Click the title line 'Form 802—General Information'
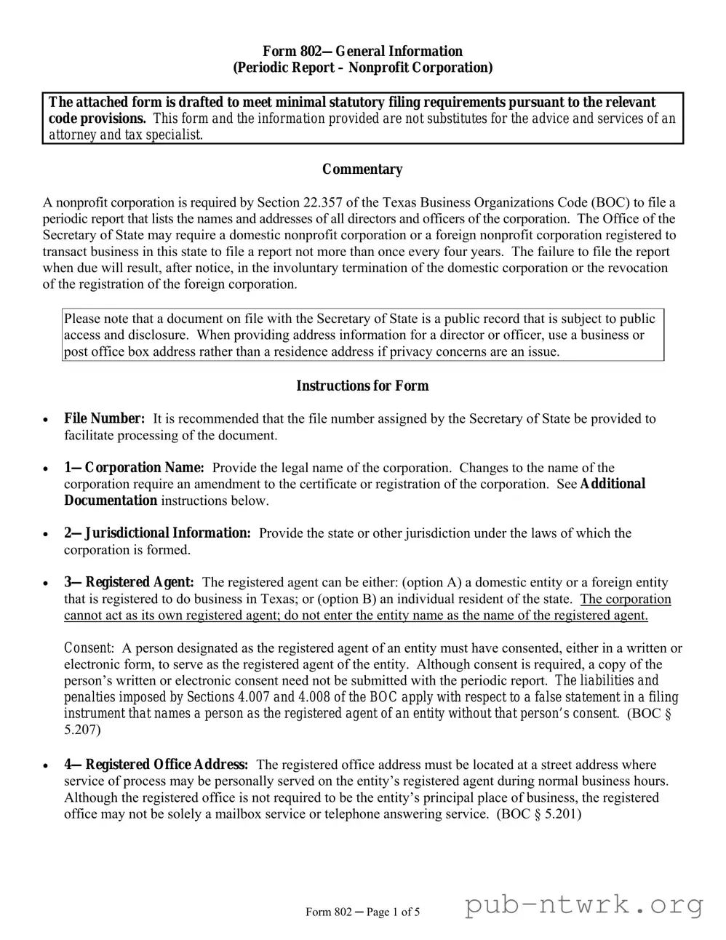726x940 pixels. (x=362, y=51)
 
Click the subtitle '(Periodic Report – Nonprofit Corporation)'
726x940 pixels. (x=362, y=68)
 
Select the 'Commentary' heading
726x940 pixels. (x=362, y=170)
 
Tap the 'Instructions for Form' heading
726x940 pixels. (x=362, y=386)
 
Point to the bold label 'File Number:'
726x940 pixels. (x=105, y=418)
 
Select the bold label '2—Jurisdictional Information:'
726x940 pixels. (x=157, y=533)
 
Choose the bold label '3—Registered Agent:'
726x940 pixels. (x=129, y=582)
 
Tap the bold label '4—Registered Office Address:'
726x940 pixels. (x=156, y=765)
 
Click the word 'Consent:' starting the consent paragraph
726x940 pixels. (x=89, y=648)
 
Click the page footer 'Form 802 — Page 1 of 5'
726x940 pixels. (x=362, y=912)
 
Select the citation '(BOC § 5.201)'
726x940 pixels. (x=538, y=813)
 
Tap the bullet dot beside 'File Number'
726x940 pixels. (x=46, y=420)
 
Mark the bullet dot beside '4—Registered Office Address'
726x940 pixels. (x=46, y=766)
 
